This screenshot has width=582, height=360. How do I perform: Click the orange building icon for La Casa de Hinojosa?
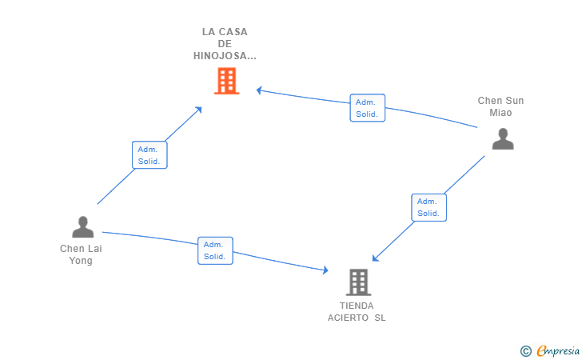click(x=226, y=81)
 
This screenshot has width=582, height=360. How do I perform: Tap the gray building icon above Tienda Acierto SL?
click(x=358, y=282)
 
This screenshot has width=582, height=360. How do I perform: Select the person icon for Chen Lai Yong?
click(x=82, y=228)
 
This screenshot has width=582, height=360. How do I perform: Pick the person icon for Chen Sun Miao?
click(x=502, y=139)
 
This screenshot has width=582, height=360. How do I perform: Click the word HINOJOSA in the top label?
click(x=225, y=56)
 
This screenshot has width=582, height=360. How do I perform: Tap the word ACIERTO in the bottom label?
click(x=347, y=318)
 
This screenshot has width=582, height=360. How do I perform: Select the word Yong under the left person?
click(x=81, y=261)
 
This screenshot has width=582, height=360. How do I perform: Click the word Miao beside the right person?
click(x=500, y=113)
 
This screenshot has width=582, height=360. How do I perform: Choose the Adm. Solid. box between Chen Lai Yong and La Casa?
click(x=149, y=155)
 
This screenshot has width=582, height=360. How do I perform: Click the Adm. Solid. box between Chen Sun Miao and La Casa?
click(x=367, y=108)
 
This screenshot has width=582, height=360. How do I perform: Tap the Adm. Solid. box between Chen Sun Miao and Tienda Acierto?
click(x=429, y=207)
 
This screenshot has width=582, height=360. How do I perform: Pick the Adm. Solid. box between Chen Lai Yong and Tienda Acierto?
click(x=215, y=250)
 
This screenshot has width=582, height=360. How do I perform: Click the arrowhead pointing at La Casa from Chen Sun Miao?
click(x=259, y=90)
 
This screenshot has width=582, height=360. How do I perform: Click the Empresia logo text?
click(x=558, y=350)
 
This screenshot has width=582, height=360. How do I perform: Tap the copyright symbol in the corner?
click(x=525, y=350)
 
